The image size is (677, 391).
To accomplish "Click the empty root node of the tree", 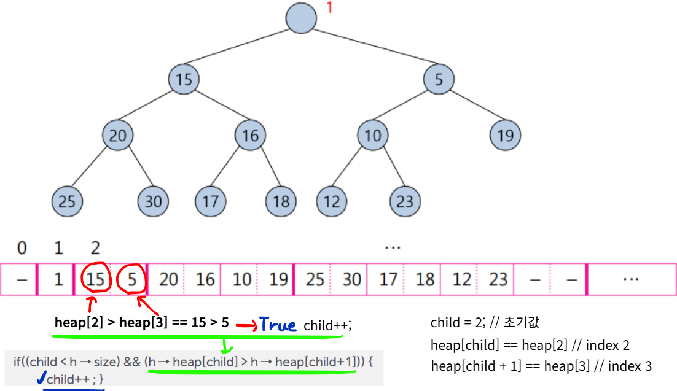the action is (301, 18).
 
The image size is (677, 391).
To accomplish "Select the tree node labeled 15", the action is (184, 79).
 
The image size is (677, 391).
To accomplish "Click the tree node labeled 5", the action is (439, 79).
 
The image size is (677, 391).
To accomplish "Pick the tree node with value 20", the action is (117, 135).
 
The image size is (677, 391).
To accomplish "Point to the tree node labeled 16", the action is (250, 135).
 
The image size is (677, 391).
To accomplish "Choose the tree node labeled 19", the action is (505, 135).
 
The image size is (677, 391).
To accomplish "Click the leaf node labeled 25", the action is (66, 201).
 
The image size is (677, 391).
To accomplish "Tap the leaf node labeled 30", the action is (154, 201).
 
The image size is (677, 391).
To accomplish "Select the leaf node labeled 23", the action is (405, 201).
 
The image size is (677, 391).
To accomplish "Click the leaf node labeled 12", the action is (332, 201).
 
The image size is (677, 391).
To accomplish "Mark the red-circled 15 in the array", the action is (95, 280).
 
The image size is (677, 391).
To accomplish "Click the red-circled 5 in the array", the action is (132, 280).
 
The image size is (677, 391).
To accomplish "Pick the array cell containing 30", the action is (351, 280).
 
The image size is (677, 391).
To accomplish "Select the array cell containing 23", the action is (498, 280).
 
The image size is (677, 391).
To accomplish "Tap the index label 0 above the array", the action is (22, 249).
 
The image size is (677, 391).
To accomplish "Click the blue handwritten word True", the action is (277, 324).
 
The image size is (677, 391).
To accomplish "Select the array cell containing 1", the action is (58, 280).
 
